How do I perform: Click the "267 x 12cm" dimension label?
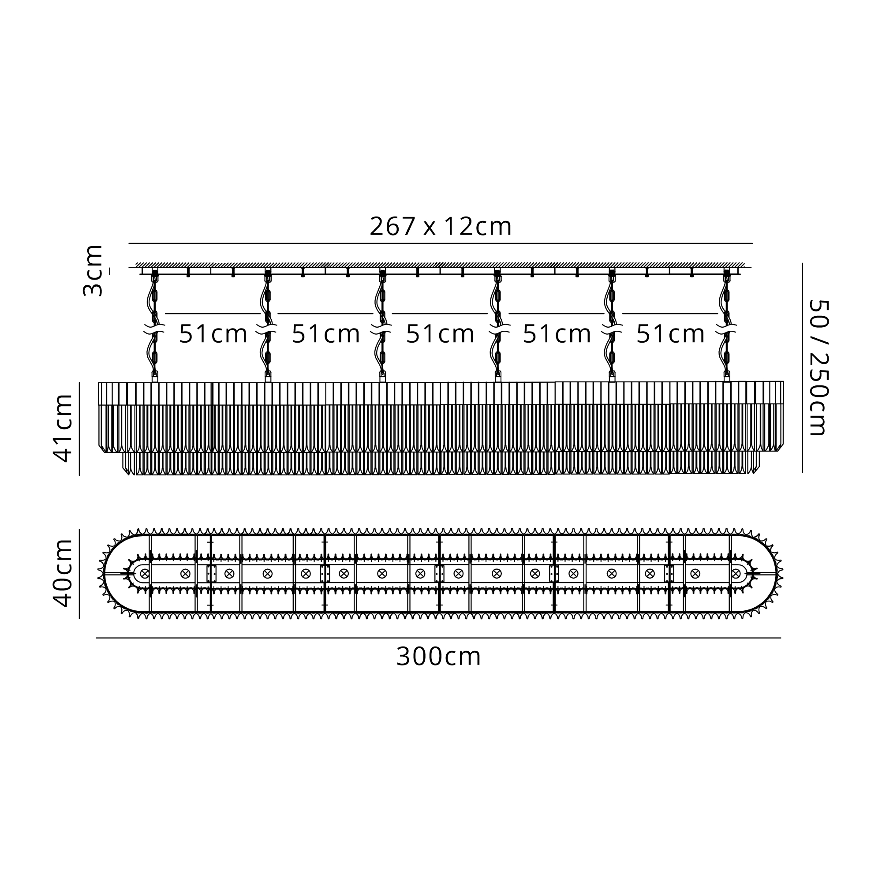[441, 226]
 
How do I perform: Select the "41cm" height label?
[63, 429]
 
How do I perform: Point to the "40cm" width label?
[63, 573]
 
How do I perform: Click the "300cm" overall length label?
[438, 657]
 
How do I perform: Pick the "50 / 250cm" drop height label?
[818, 367]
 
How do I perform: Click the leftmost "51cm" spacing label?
[213, 334]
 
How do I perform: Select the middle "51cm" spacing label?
[440, 334]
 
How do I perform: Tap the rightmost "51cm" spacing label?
[671, 334]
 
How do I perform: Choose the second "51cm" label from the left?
[326, 334]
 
